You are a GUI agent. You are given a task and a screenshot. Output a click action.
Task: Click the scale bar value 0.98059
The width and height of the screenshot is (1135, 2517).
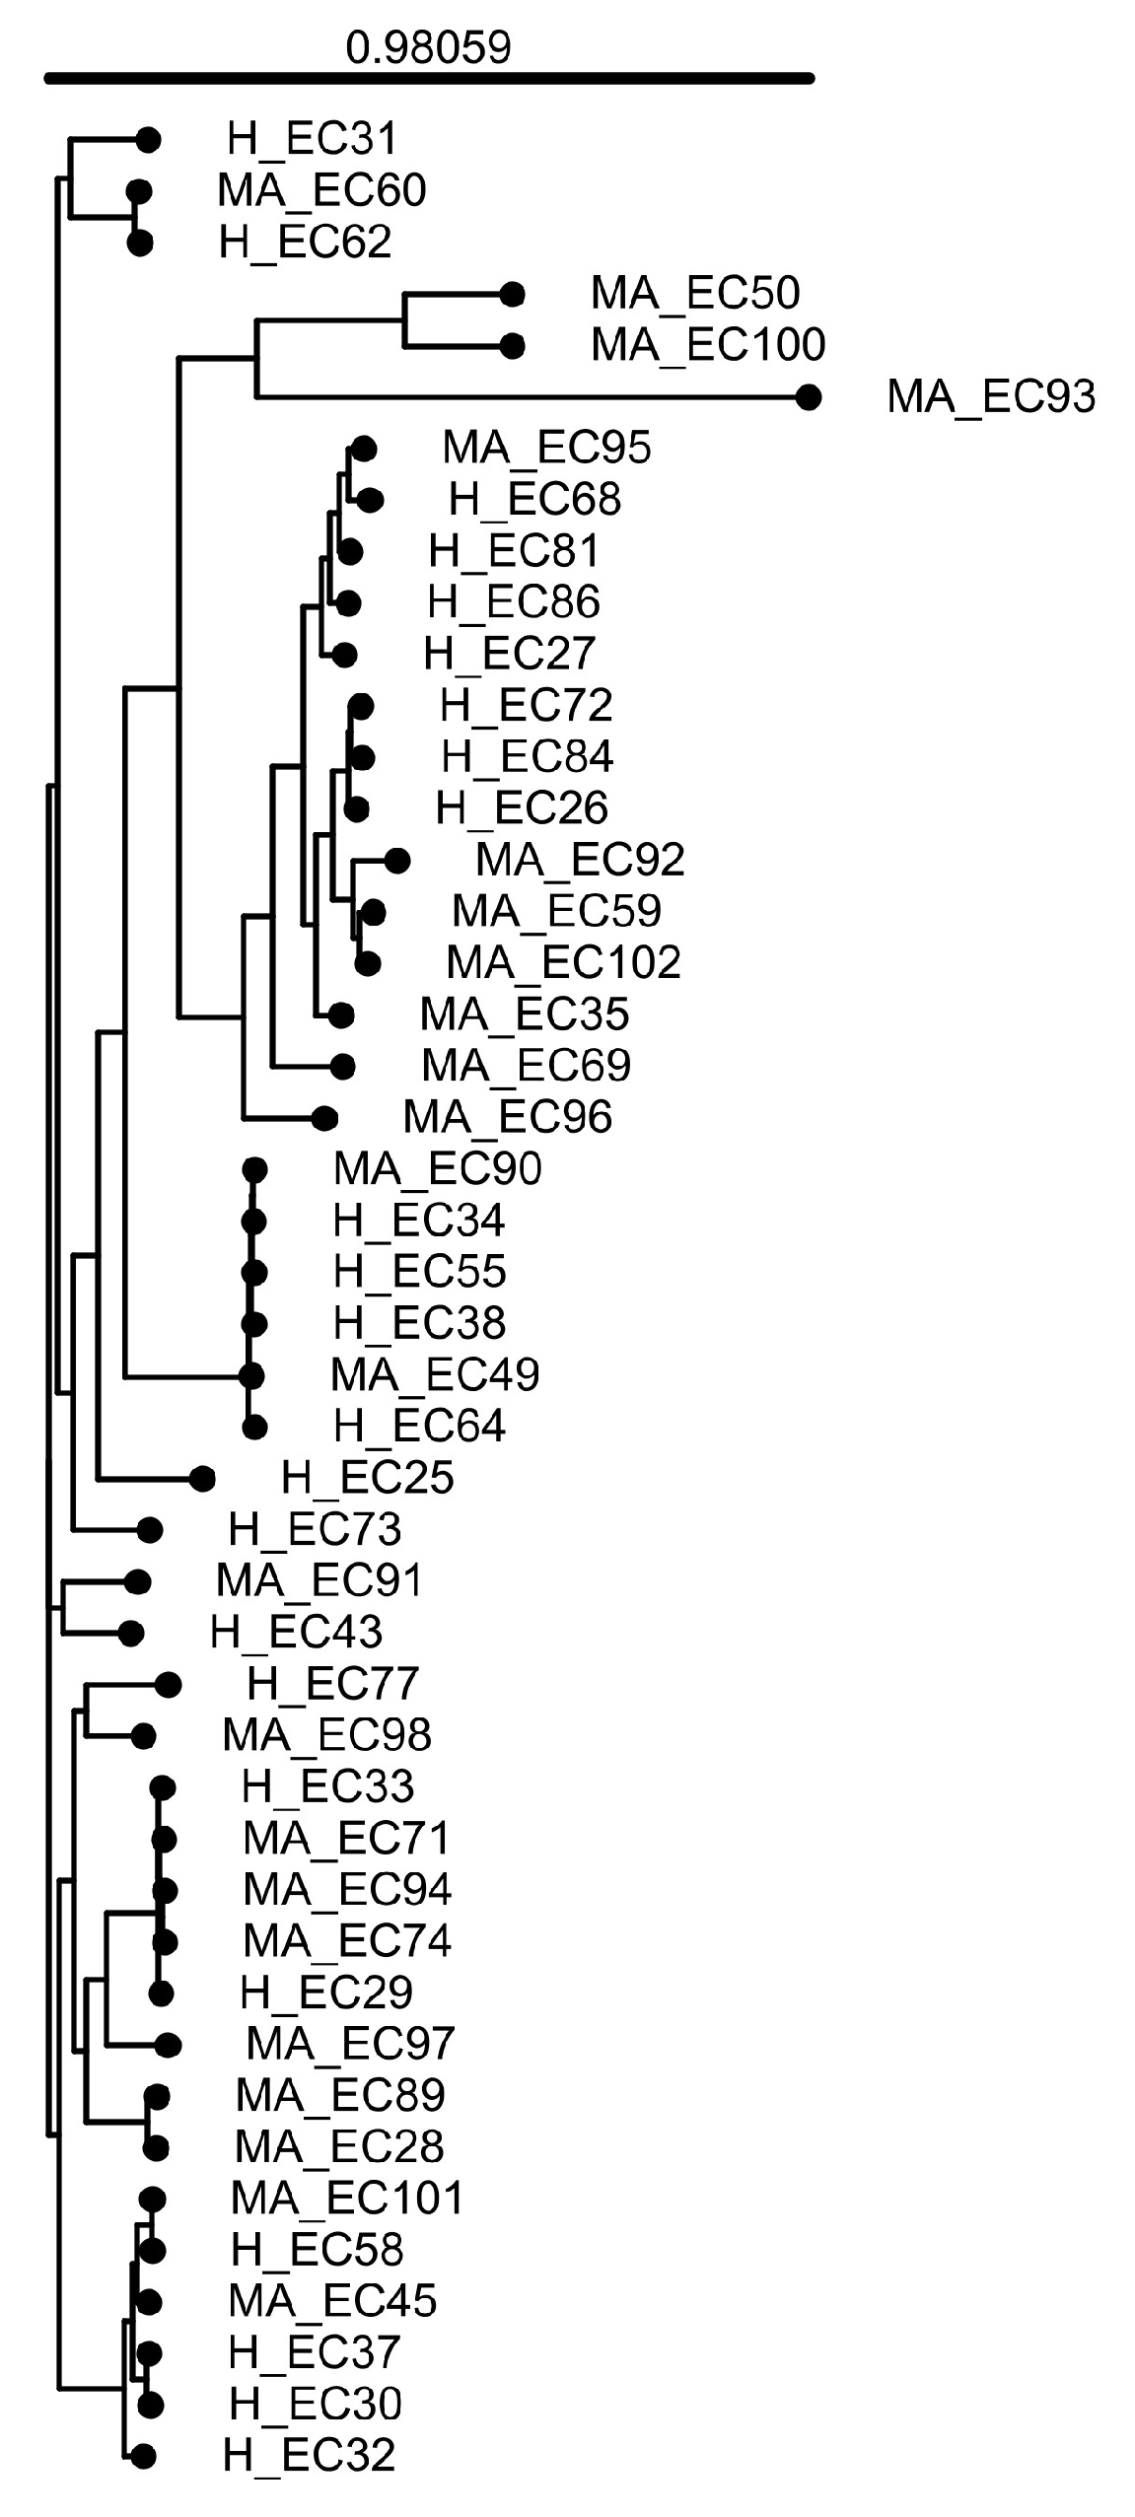428,47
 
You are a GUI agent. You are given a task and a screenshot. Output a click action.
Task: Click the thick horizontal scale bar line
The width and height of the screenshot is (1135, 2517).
428,78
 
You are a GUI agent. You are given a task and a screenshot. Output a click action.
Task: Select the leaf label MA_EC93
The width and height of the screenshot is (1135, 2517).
990,396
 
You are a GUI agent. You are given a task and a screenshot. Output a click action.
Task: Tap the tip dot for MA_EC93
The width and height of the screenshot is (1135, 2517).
809,397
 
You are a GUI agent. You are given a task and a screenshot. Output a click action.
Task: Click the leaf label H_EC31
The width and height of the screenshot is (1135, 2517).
312,139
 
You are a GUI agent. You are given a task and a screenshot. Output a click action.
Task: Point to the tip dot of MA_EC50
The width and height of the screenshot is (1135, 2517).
511,294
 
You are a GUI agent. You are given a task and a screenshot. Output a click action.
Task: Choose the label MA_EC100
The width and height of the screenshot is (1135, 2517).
707,344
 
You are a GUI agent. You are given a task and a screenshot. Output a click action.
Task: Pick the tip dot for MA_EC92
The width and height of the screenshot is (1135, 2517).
396,861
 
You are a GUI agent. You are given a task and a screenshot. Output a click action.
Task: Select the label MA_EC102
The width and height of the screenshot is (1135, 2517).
562,962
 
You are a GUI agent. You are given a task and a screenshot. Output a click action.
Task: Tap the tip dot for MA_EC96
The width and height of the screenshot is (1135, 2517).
324,1118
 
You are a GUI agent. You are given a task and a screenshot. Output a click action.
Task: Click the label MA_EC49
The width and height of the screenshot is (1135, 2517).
435,1374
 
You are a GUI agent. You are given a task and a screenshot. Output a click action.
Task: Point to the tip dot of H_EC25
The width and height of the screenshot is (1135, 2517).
202,1478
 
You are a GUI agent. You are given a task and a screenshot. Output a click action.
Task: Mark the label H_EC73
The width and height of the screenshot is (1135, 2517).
315,1529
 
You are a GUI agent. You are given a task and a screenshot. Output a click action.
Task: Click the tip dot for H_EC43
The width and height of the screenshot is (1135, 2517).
131,1634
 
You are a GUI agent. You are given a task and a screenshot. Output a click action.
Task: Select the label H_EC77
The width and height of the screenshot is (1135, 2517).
332,1683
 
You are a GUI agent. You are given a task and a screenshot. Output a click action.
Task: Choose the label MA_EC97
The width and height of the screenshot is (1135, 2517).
349,2044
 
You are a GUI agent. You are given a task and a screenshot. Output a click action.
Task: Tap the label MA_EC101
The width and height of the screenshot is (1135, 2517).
346,2198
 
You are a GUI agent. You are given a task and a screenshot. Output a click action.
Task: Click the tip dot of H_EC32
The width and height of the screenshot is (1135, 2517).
143,2456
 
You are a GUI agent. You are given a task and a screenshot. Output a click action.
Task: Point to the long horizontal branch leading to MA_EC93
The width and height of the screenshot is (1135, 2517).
532,397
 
